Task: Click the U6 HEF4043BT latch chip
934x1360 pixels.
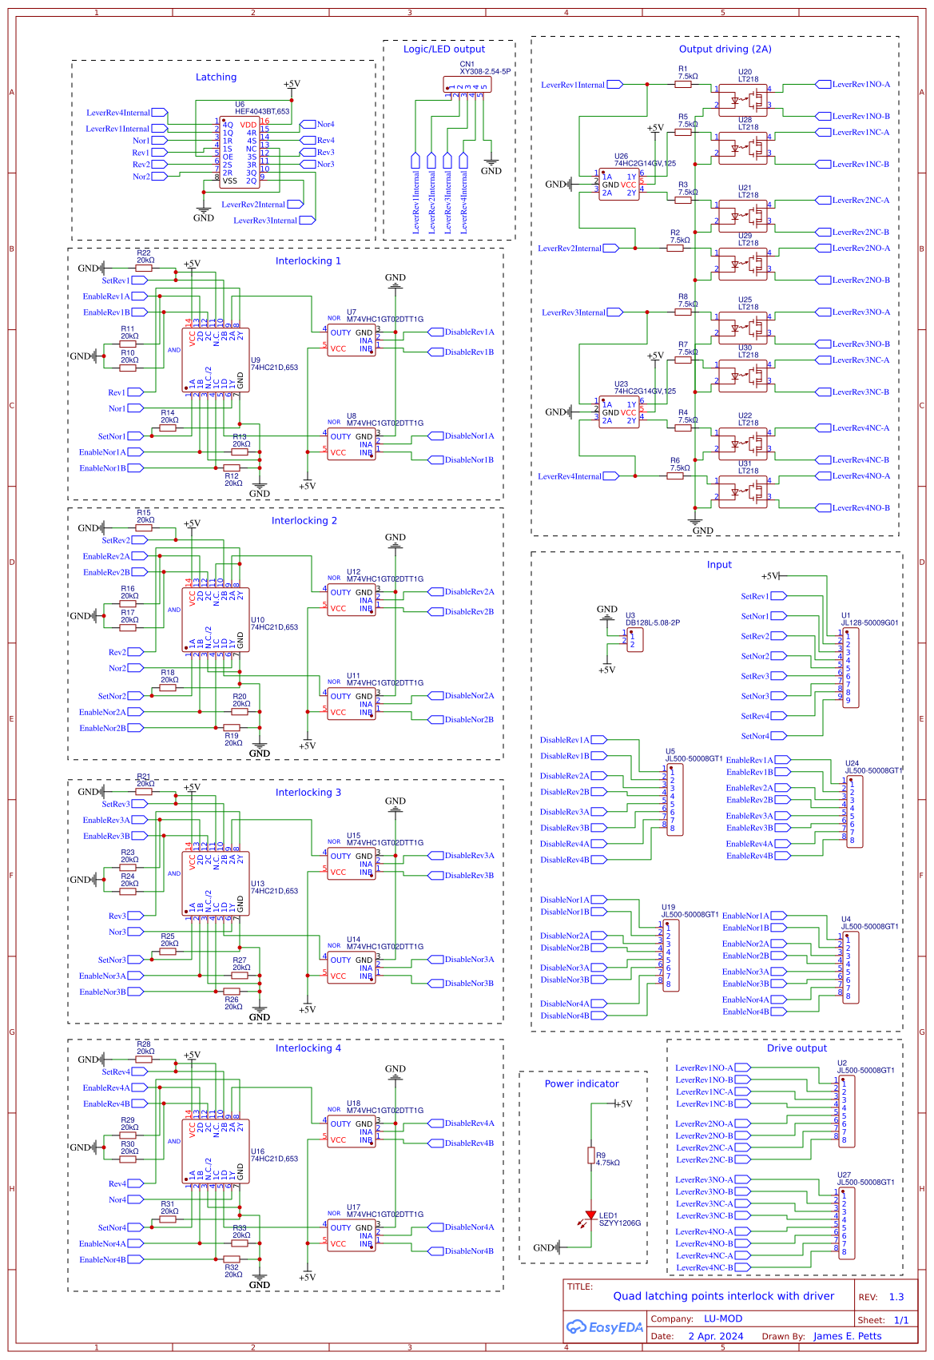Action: [240, 153]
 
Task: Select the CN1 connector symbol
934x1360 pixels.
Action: [467, 85]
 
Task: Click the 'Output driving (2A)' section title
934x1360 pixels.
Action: [725, 50]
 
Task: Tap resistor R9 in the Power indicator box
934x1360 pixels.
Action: [591, 1155]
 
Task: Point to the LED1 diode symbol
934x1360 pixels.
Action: [591, 1215]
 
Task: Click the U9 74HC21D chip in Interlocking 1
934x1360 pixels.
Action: [217, 360]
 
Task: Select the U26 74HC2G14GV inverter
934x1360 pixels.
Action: [619, 185]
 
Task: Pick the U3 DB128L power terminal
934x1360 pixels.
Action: [635, 639]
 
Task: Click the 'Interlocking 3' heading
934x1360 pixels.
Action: [308, 793]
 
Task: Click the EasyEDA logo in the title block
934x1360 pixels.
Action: [605, 1327]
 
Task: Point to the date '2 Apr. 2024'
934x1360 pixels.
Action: [715, 1336]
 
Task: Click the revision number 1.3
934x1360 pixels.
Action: [896, 1297]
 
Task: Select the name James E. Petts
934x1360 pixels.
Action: [847, 1336]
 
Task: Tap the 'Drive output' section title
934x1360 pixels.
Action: [797, 1048]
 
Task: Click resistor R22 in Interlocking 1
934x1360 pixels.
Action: [144, 268]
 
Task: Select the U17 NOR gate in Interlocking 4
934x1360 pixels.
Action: [352, 1235]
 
